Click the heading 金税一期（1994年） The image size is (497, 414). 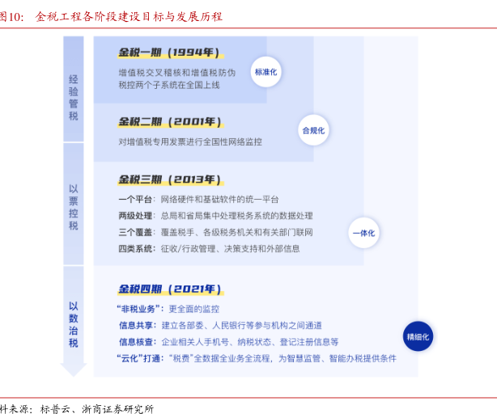pos(168,53)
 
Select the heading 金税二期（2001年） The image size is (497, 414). pos(168,122)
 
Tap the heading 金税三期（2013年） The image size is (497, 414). pos(168,180)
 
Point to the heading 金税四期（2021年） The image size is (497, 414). pos(168,289)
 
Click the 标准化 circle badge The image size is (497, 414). pos(266,72)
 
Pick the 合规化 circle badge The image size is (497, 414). pos(313,129)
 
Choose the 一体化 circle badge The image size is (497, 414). pos(363,233)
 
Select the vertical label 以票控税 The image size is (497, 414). pos(74,207)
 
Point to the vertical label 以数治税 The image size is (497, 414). pos(74,324)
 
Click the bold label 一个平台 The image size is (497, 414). pos(134,200)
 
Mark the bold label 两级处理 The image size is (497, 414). pos(134,216)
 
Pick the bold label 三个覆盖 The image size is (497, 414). pos(134,232)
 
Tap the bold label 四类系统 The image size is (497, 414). pos(134,248)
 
